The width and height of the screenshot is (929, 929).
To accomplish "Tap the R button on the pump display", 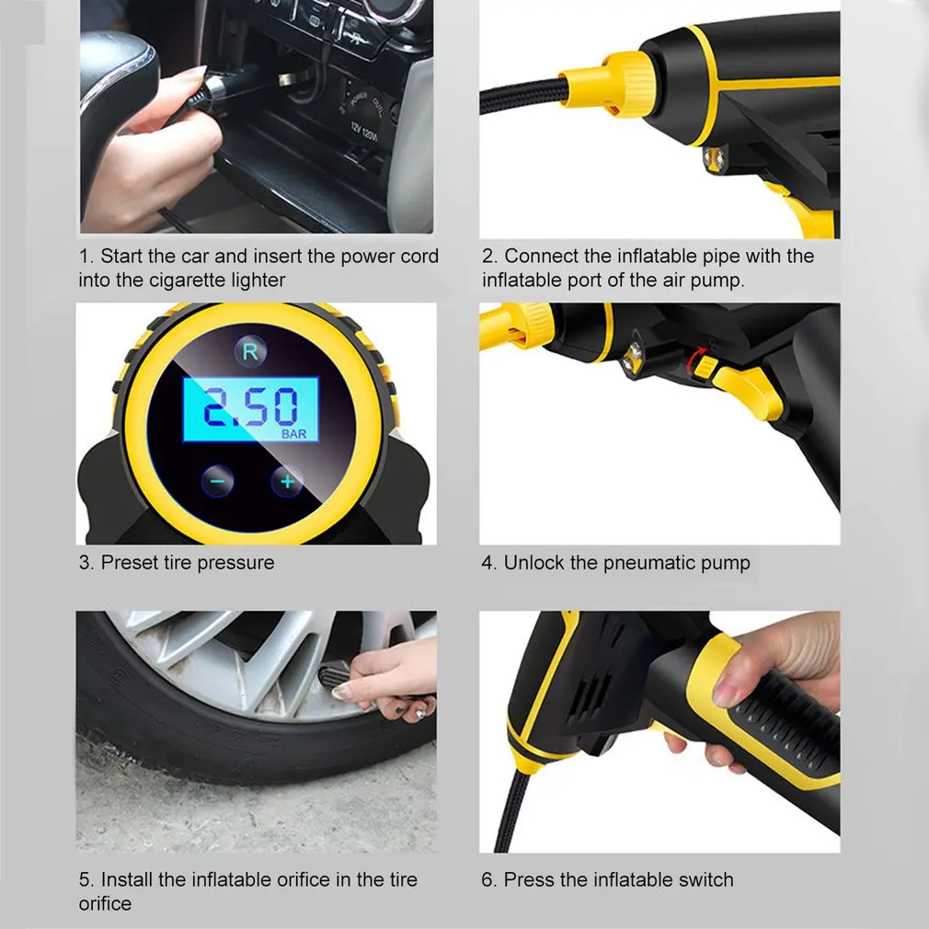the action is click(x=250, y=352).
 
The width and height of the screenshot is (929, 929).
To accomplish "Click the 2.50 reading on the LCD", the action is click(x=250, y=407).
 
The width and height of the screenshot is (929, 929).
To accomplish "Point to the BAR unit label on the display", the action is click(x=293, y=434).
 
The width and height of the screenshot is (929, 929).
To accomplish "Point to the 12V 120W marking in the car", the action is click(x=363, y=132).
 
